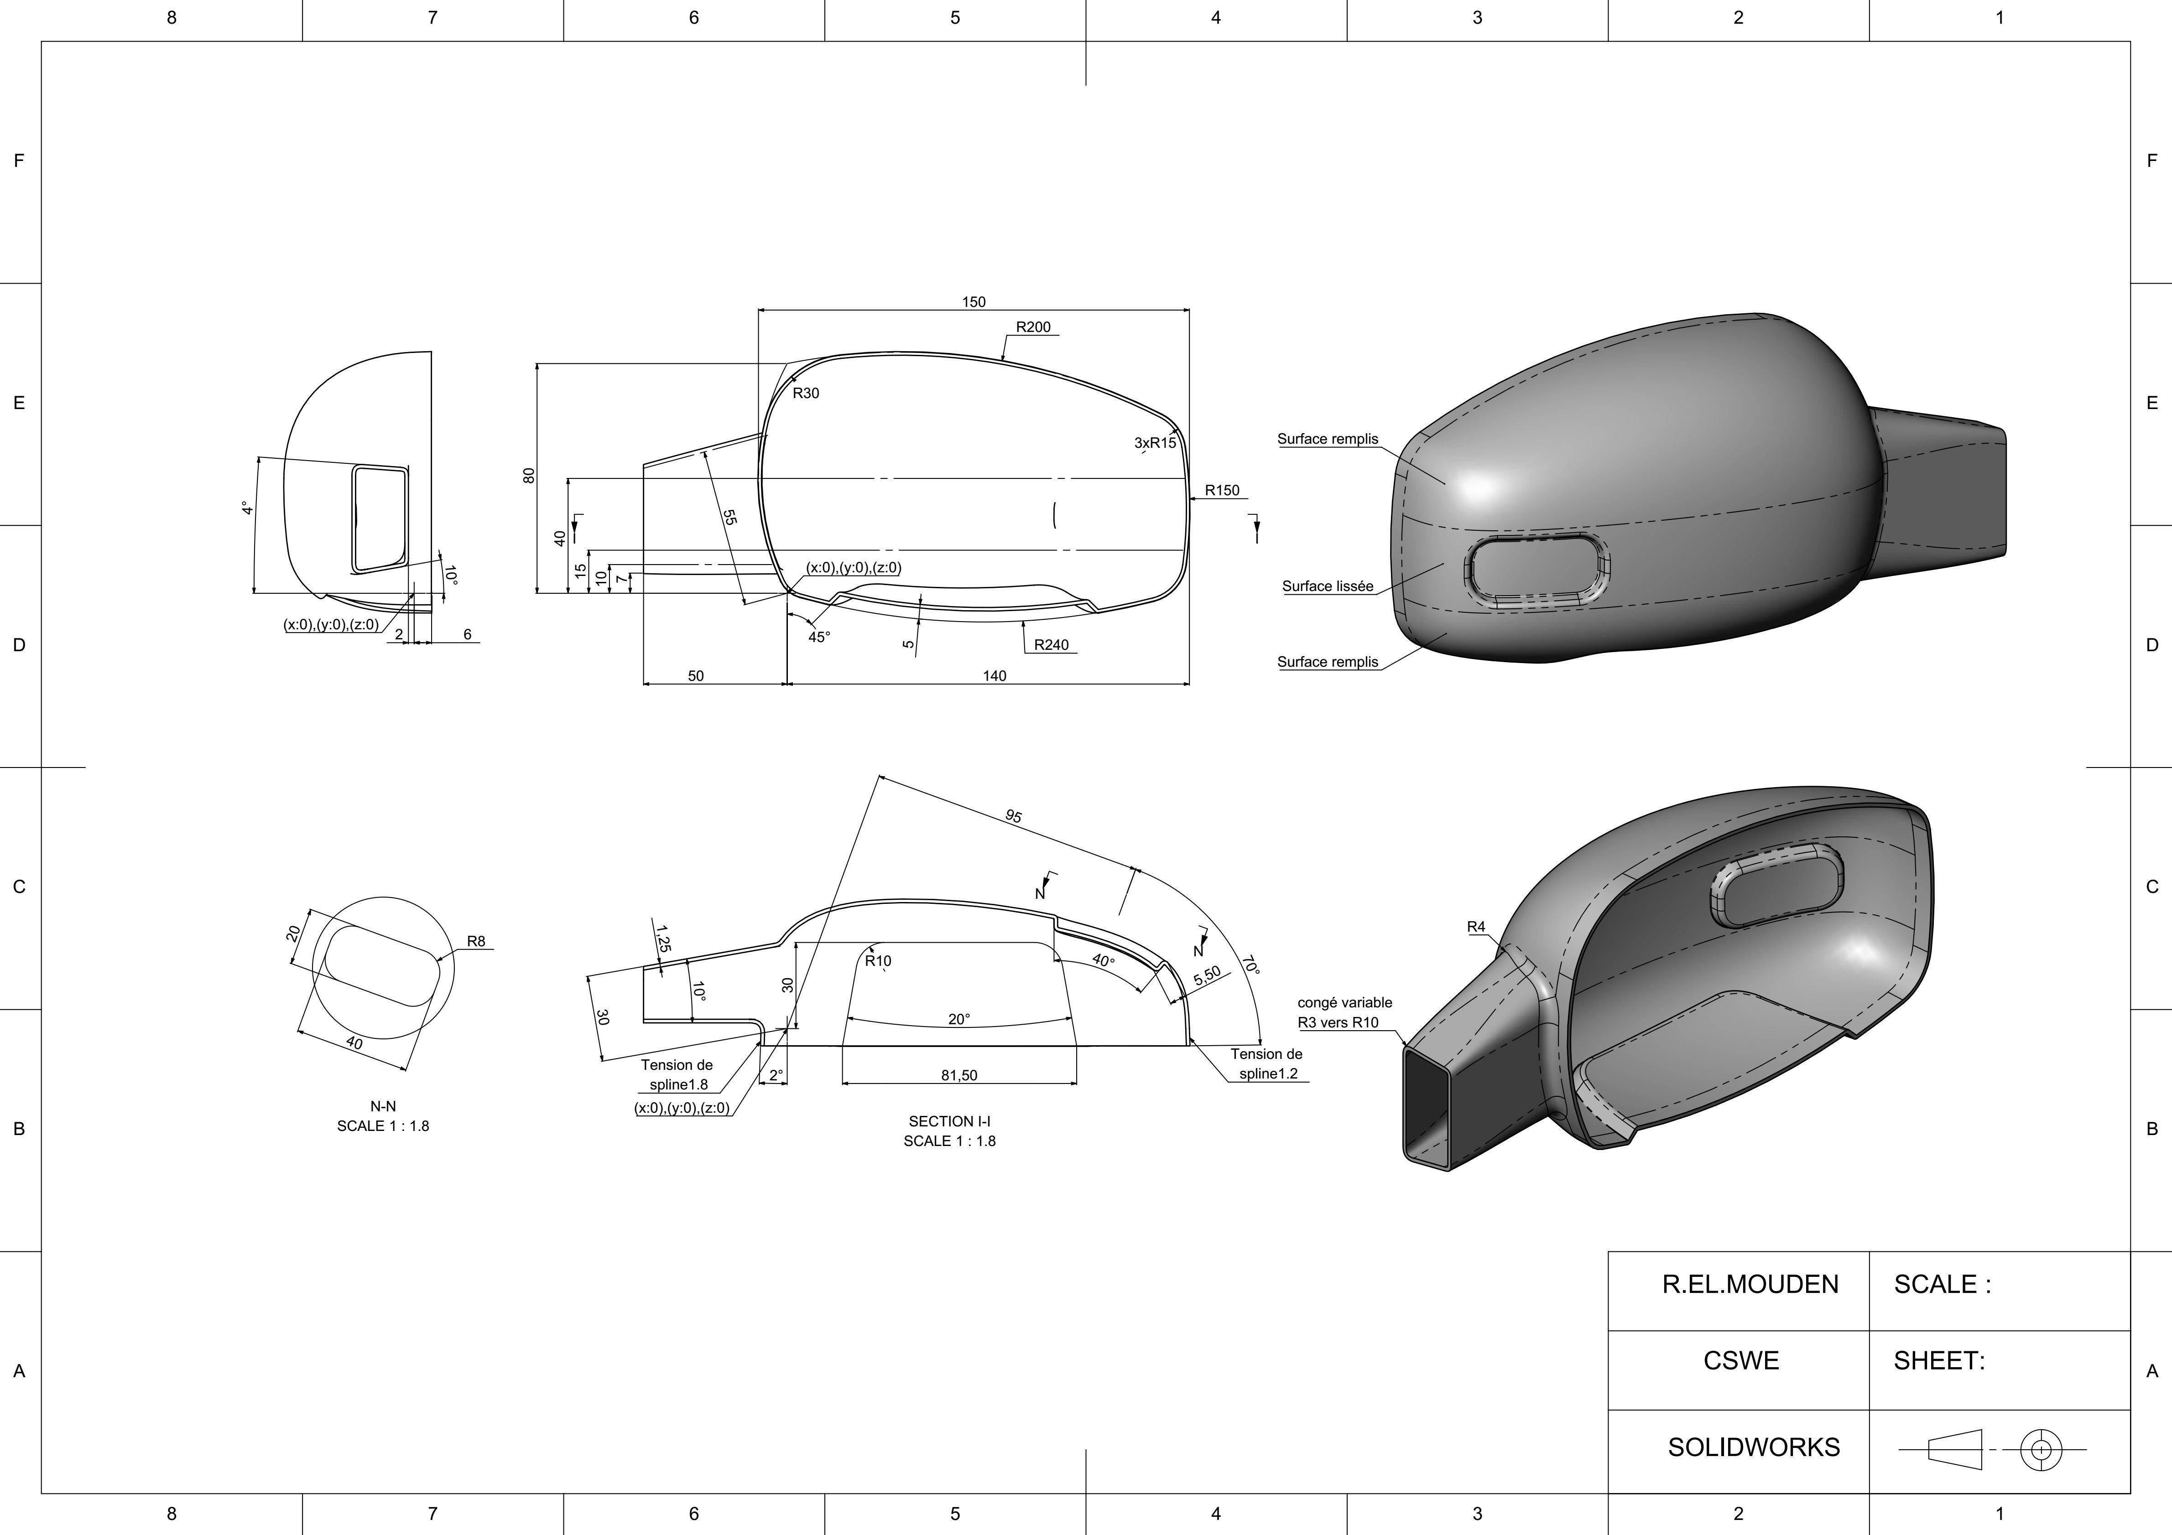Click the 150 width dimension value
tap(974, 302)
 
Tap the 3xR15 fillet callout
tap(1155, 443)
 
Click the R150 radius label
tap(1221, 490)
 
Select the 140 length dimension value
tap(994, 675)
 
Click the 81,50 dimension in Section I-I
tap(959, 1075)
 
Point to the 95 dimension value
tap(1013, 815)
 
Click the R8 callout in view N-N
tap(476, 941)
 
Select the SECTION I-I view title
tap(949, 1121)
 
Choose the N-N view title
tap(383, 1105)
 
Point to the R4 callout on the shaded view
tap(1476, 927)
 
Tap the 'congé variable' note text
tap(1344, 1002)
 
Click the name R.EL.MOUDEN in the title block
tap(1750, 1284)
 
